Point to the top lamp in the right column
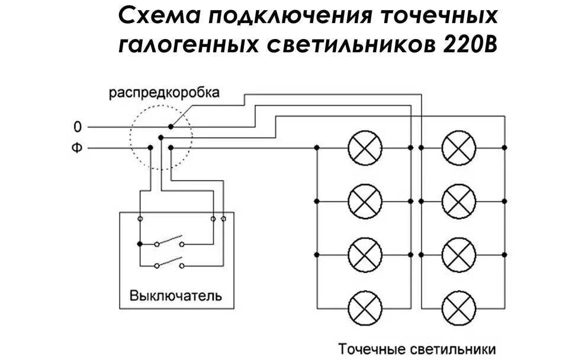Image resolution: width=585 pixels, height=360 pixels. click(459, 147)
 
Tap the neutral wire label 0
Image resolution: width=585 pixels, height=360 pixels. click(76, 127)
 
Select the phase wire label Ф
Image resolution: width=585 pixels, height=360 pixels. click(76, 147)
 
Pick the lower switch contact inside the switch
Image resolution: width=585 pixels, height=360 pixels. click(169, 263)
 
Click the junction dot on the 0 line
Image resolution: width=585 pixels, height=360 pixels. click(171, 127)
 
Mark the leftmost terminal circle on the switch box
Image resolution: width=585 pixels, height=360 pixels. click(140, 219)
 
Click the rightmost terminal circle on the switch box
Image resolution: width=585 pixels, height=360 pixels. click(223, 219)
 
